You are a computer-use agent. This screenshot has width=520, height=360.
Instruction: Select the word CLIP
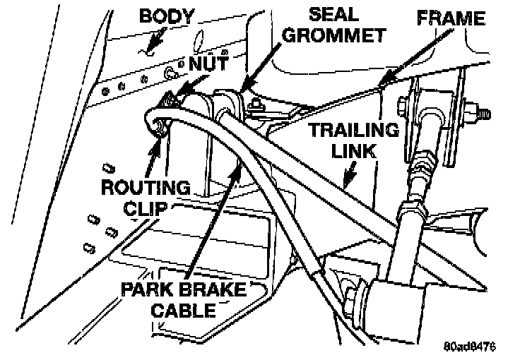(146, 208)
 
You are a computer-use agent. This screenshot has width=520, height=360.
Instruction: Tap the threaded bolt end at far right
(485, 112)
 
